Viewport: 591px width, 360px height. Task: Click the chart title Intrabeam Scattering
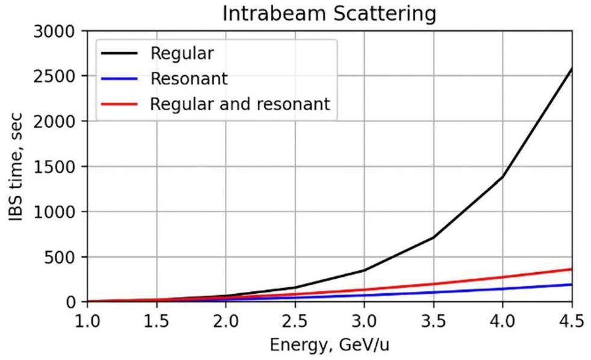click(329, 13)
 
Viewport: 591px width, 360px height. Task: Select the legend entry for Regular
click(182, 54)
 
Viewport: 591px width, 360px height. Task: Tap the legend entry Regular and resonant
click(240, 104)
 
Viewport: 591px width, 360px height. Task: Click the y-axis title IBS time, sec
click(17, 166)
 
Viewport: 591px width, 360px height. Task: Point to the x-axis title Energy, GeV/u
click(329, 346)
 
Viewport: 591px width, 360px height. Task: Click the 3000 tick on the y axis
click(56, 31)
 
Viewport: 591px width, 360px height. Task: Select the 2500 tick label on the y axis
click(56, 76)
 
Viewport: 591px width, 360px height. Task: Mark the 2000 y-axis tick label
click(56, 121)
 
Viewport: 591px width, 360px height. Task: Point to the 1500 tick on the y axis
click(56, 166)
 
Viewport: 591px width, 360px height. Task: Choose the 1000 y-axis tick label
click(56, 211)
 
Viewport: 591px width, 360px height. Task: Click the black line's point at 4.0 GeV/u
click(503, 176)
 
